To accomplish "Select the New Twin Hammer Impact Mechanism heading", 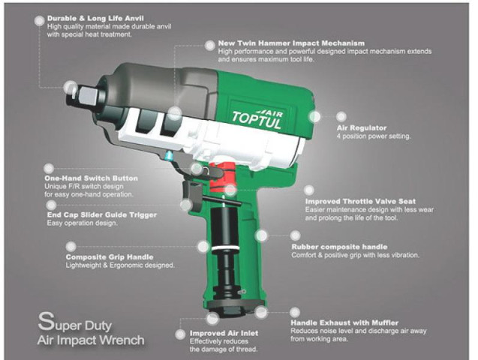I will tap(291, 43).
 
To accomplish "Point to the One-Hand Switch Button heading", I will tap(91, 178).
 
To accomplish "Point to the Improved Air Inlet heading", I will tap(224, 332).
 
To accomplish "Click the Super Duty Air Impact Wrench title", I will tap(90, 332).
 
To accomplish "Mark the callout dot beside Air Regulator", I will tap(316, 117).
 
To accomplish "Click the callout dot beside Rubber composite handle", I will tap(262, 235).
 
